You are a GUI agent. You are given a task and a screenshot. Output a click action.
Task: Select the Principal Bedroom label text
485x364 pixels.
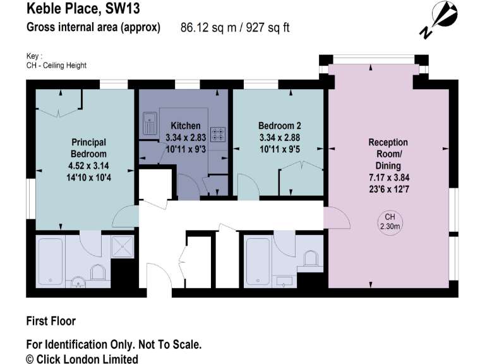click(88, 148)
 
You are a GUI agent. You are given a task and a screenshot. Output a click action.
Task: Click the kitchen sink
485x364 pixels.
click(150, 123)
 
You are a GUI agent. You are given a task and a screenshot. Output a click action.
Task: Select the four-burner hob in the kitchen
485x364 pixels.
click(219, 134)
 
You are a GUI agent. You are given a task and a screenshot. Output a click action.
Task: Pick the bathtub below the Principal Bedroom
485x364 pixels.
click(51, 259)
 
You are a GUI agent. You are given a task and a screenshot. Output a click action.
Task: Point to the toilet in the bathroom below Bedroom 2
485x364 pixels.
click(310, 260)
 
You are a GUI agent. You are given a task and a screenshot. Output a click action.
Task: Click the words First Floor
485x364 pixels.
click(51, 321)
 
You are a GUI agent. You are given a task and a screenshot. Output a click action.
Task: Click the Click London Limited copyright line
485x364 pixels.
click(82, 358)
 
